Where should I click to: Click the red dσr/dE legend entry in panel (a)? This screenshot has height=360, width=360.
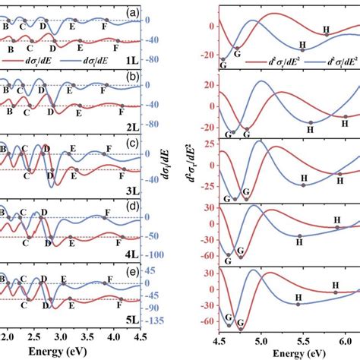click(x=36, y=56)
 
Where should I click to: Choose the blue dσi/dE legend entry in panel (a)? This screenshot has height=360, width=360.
click(x=98, y=56)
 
